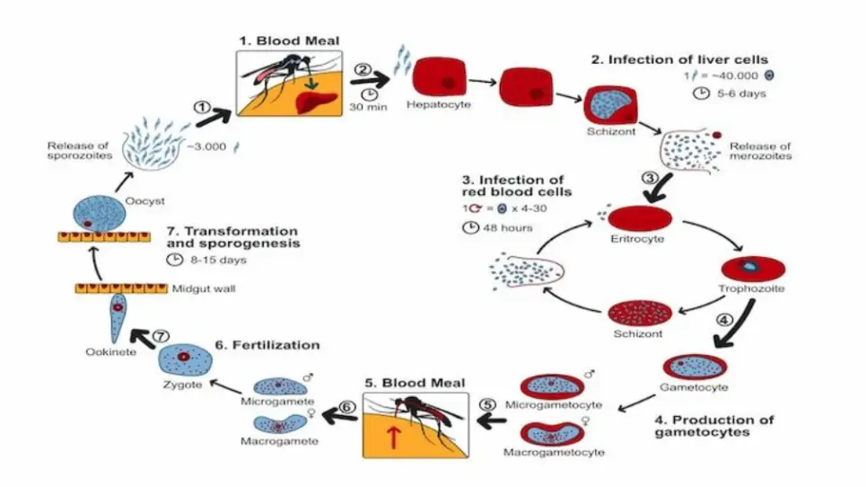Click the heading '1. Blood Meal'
pos(286,40)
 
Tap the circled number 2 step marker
pos(362,69)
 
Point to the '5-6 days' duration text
pos(740,93)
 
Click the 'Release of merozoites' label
pos(760,150)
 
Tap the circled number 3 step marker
pos(652,176)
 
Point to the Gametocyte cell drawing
pos(695,367)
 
